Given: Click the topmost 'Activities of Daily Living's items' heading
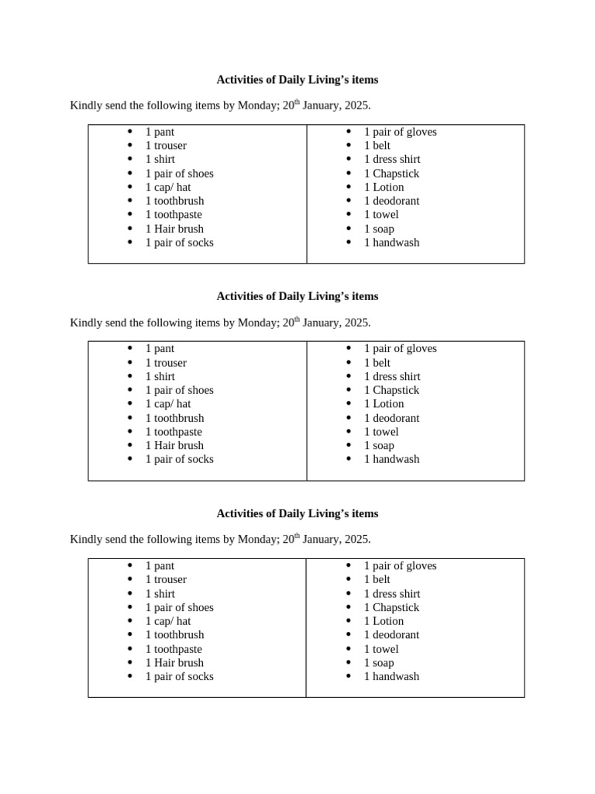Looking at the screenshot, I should point(297,80).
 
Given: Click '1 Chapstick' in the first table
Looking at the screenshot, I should point(391,174).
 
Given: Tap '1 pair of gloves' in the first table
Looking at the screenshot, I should point(400,132).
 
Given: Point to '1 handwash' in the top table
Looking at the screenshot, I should point(391,243).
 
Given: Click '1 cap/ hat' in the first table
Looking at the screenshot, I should point(167,187).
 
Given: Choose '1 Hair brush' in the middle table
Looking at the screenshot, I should point(174,445).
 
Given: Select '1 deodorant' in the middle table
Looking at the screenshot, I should point(391,418).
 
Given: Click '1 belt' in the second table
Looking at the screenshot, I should point(377,363).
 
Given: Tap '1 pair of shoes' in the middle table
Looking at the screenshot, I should point(179,390).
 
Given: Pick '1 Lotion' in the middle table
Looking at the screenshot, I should point(383,404).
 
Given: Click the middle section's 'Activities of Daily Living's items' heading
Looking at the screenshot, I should point(297,296).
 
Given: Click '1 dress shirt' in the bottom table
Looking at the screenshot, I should point(392,594).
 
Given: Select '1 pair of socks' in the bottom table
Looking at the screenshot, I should point(179,676).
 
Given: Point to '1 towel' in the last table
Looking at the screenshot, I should point(381,649).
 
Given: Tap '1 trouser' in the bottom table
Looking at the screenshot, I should point(166,579).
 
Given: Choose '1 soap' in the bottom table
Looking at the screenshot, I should point(379,663).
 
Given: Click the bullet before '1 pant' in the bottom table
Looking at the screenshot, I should point(130,566).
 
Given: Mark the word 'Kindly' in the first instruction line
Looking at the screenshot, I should point(86,105).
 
